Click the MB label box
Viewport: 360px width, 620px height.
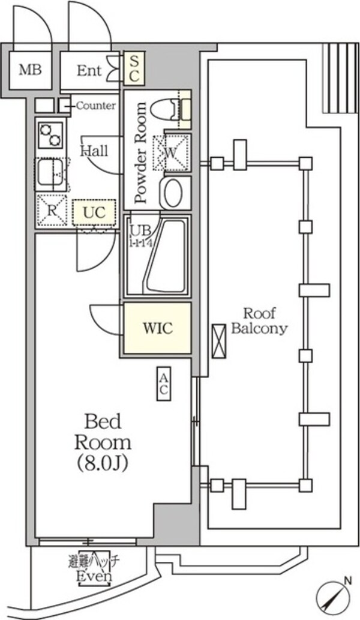click(x=29, y=70)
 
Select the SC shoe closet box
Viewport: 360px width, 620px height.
click(x=134, y=68)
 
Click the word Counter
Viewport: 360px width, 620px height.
click(x=95, y=106)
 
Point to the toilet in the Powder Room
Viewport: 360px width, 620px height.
click(x=164, y=110)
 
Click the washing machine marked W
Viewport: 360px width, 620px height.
click(x=171, y=152)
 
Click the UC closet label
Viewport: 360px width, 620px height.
click(x=94, y=212)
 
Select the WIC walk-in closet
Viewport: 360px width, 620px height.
click(x=157, y=328)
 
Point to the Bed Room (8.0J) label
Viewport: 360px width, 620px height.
click(x=103, y=442)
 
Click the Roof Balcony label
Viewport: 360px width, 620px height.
click(x=259, y=321)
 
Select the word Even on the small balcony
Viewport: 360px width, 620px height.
click(x=94, y=577)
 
